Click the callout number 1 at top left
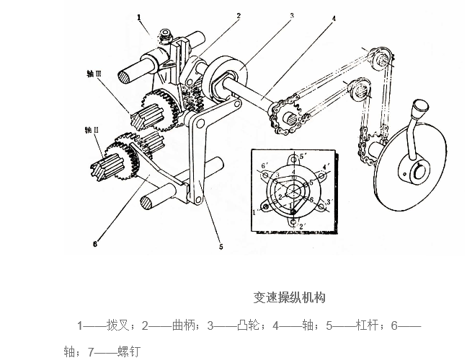140,14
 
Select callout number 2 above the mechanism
239,14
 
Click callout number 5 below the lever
220,245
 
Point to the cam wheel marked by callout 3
224,76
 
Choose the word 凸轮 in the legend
246,325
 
